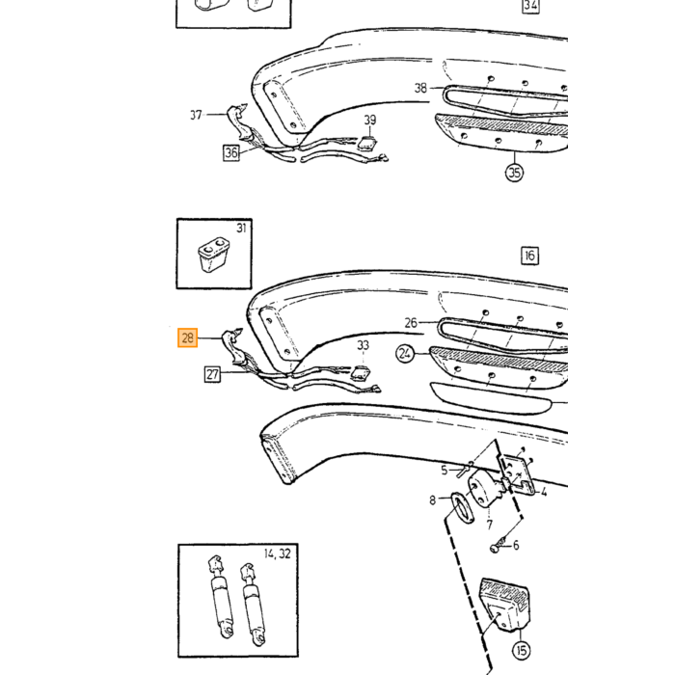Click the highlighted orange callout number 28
tap(188, 337)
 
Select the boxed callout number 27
tap(212, 374)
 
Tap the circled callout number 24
tap(405, 354)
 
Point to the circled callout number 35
tap(514, 173)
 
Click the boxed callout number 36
tap(231, 152)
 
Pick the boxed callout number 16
tap(529, 256)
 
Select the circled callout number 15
tap(521, 650)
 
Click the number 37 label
tap(196, 115)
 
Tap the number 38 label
tap(420, 88)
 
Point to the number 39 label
tap(369, 120)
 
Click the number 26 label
tap(411, 322)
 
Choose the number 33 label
tap(363, 345)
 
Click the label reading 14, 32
tap(278, 553)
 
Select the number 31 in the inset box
tap(241, 228)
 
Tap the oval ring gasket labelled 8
tap(462, 508)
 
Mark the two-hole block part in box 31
tap(213, 254)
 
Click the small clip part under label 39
tap(367, 144)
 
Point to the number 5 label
tap(445, 471)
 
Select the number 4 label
tap(544, 492)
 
